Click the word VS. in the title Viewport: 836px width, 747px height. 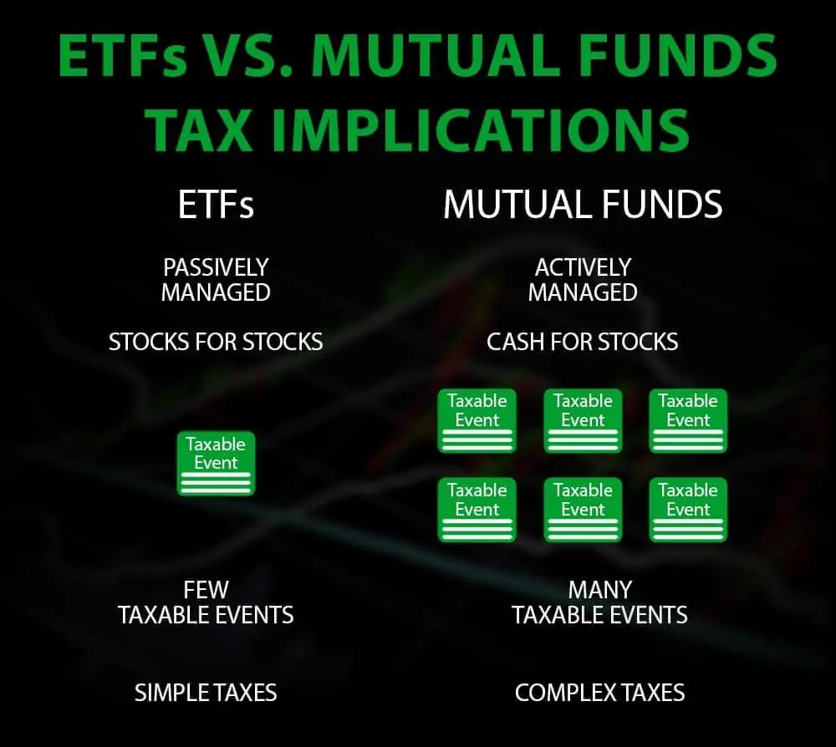point(249,55)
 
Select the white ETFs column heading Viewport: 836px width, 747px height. point(216,205)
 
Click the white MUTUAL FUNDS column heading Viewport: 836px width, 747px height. point(583,205)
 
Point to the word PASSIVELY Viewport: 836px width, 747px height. point(216,267)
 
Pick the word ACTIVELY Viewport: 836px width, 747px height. point(583,267)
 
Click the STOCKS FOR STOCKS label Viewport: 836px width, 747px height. point(216,342)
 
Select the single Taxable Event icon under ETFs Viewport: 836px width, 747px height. point(216,463)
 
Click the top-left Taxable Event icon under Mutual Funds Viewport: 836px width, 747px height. point(477,421)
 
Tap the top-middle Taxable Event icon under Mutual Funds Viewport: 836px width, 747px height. point(583,421)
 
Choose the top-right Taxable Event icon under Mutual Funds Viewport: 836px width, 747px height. point(688,421)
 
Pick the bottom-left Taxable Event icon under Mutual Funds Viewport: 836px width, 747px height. point(477,510)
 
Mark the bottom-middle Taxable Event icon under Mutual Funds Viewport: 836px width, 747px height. point(583,510)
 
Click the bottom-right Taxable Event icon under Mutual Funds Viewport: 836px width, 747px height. point(688,510)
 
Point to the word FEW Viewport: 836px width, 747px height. point(206,590)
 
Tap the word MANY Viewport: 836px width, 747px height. point(599,590)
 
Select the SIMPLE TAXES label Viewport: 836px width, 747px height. point(206,693)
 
